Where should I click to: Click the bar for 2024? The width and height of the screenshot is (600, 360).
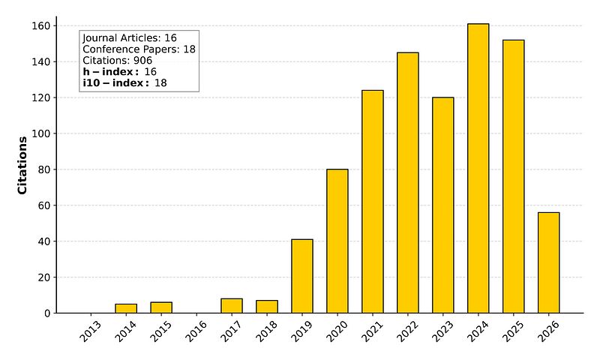pos(478,168)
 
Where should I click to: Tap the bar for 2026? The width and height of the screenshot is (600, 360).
pos(548,262)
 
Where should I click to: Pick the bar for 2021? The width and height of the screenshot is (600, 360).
pos(372,201)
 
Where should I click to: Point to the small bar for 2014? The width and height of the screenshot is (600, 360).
pos(126,308)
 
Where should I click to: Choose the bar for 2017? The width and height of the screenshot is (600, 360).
pos(232,306)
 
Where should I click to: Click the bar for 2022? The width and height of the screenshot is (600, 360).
pos(407,182)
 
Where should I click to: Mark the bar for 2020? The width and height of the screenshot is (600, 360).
pos(337,241)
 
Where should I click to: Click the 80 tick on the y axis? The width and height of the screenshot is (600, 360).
pos(43,169)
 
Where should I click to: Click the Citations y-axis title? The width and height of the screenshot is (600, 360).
pos(22,165)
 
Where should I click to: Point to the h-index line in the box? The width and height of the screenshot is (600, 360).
pos(119,71)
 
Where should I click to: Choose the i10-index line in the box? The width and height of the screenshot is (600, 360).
pos(124,82)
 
